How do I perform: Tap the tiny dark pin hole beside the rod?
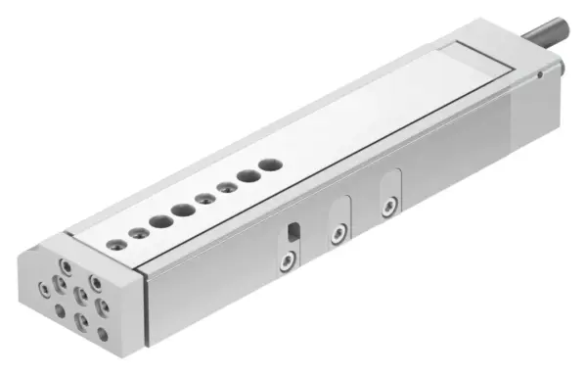coord(539,73)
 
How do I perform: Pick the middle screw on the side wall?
coord(339,233)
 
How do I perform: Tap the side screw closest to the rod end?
coord(389,205)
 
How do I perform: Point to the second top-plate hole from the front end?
coord(139,232)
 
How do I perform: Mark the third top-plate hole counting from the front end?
coord(160,221)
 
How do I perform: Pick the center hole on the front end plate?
coord(80,299)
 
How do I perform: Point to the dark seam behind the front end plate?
coord(146,305)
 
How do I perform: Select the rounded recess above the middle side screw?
coord(339,211)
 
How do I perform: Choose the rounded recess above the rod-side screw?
coord(390,184)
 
